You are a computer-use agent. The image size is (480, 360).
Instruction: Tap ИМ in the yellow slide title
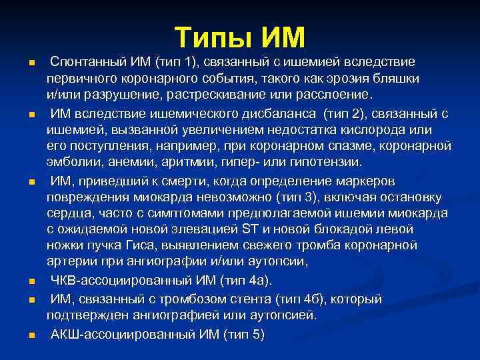[x=282, y=37]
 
